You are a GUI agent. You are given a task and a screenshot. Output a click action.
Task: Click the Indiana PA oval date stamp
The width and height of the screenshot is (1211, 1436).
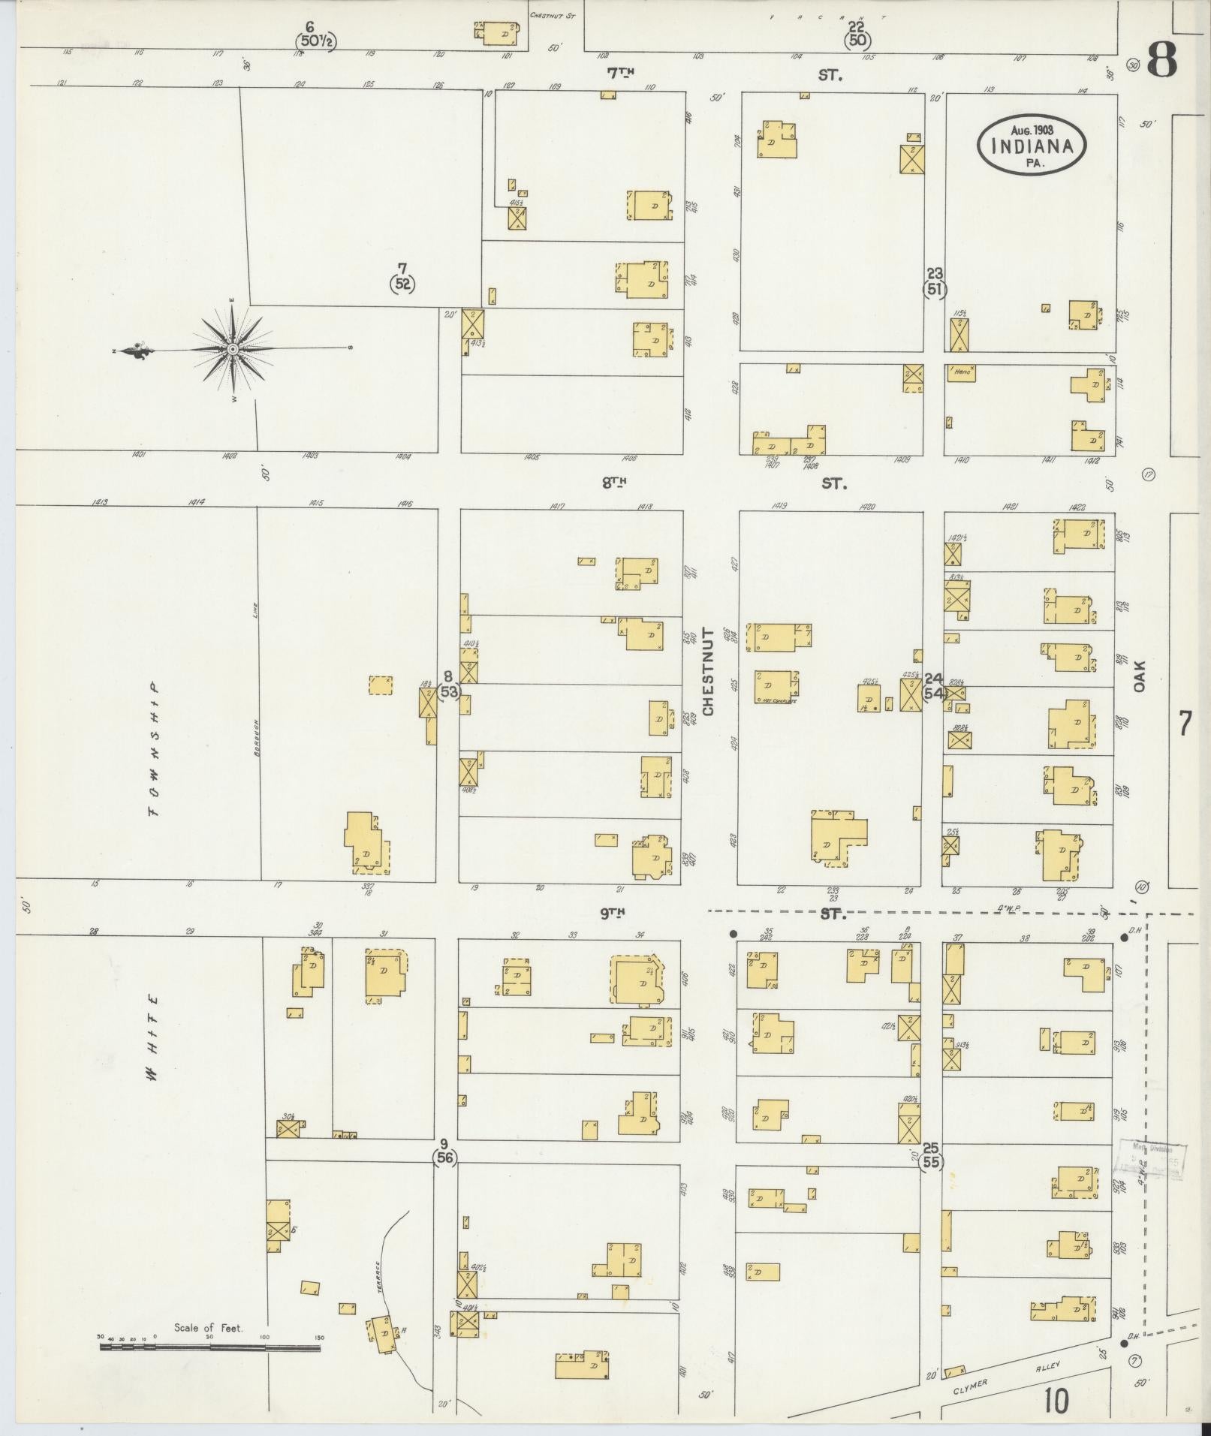click(x=1032, y=145)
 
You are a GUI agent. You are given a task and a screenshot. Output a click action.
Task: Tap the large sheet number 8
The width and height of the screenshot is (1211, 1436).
click(x=1161, y=60)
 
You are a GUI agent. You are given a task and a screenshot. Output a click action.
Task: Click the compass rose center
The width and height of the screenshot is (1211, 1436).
click(x=233, y=350)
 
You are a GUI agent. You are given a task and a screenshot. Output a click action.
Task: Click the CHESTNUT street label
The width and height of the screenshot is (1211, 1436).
click(x=709, y=672)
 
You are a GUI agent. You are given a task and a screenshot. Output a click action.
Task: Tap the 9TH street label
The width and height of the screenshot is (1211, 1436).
click(x=613, y=912)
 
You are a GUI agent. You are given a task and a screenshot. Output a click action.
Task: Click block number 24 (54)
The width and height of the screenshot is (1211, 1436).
click(x=933, y=685)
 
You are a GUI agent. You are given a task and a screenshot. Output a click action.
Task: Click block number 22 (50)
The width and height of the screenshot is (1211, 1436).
click(x=856, y=35)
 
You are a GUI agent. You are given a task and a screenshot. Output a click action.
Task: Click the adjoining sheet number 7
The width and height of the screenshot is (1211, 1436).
click(x=1184, y=724)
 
